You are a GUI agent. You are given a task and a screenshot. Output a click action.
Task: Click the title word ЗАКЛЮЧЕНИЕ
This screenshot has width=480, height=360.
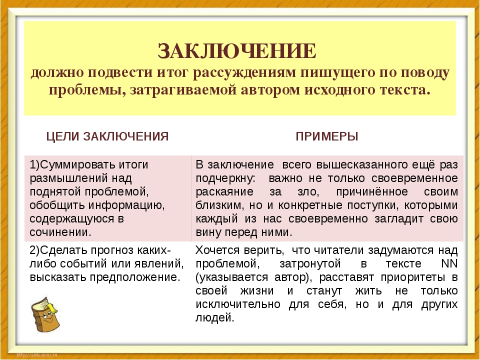click(x=237, y=51)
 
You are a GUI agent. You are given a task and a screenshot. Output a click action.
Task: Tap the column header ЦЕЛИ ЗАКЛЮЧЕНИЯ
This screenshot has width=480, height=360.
click(x=107, y=136)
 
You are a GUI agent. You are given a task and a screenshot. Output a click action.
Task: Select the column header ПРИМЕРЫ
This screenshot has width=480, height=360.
click(x=327, y=136)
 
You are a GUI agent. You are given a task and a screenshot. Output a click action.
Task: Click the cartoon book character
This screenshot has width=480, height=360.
click(x=45, y=314)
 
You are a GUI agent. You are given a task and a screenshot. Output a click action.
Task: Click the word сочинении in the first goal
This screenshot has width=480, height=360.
click(x=60, y=232)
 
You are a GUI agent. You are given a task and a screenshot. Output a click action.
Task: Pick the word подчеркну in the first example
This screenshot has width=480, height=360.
click(x=225, y=178)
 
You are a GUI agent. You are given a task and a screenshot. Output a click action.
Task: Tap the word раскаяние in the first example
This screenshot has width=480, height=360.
click(x=224, y=192)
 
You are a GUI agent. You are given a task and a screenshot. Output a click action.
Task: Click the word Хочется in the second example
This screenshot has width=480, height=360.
click(x=217, y=250)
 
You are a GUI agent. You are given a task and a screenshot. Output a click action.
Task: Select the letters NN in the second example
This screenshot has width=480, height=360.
click(x=449, y=263)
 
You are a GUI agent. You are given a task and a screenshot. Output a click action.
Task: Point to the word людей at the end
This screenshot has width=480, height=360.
click(x=214, y=318)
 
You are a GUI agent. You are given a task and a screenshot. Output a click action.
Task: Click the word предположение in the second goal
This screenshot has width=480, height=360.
click(x=134, y=277)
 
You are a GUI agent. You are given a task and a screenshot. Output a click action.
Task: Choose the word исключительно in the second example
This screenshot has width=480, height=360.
click(x=238, y=304)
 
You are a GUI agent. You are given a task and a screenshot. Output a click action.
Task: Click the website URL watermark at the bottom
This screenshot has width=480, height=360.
click(x=36, y=355)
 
